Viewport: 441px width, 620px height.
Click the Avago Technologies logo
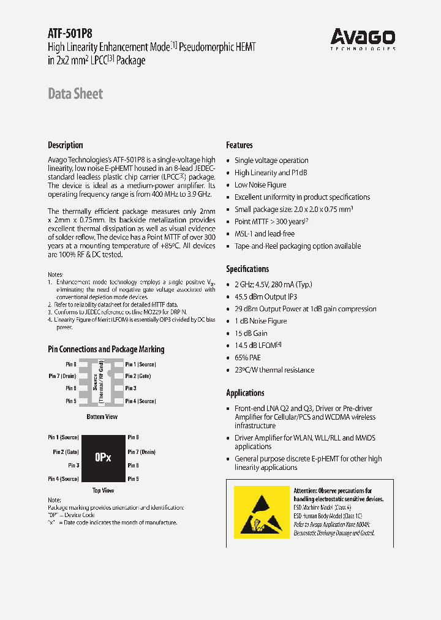point(363,39)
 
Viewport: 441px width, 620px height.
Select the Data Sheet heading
point(75,94)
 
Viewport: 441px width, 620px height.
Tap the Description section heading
point(66,145)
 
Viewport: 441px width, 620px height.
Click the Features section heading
point(239,145)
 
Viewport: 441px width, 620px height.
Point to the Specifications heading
point(247,269)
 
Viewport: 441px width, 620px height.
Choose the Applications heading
point(245,393)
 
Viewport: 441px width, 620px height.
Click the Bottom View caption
point(102,417)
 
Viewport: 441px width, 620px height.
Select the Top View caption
point(103,490)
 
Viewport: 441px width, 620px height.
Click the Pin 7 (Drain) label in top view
point(141,452)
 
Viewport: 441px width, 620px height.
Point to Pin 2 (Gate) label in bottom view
point(138,376)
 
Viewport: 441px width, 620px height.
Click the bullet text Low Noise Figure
point(260,185)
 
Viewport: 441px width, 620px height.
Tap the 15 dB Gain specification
point(251,333)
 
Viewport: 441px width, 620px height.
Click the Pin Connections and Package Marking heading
point(106,349)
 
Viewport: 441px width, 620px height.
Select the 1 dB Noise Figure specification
point(261,321)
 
